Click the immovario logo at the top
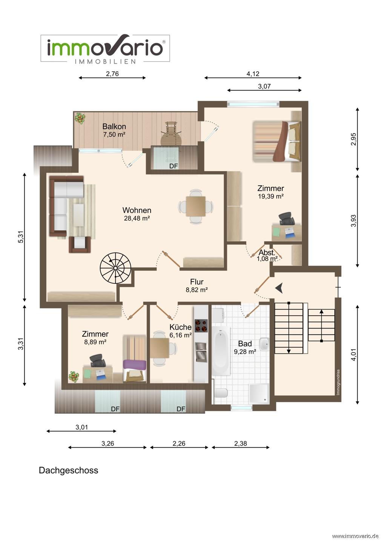[x=105, y=49]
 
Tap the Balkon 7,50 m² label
[x=114, y=130]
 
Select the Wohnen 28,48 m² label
[x=137, y=214]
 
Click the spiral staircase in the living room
[x=115, y=268]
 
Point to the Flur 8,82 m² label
[x=197, y=285]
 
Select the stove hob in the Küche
[x=201, y=326]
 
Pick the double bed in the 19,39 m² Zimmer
[x=276, y=141]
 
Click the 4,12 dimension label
[x=253, y=74]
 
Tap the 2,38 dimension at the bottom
[x=241, y=443]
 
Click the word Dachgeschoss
[x=68, y=470]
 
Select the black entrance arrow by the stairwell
[x=279, y=288]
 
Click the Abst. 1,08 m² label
[x=267, y=256]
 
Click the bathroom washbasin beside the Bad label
[x=264, y=344]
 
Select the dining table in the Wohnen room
[x=196, y=206]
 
